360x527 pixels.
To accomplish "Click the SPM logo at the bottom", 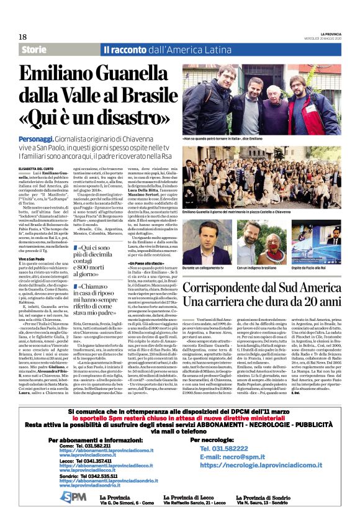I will (74, 497).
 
